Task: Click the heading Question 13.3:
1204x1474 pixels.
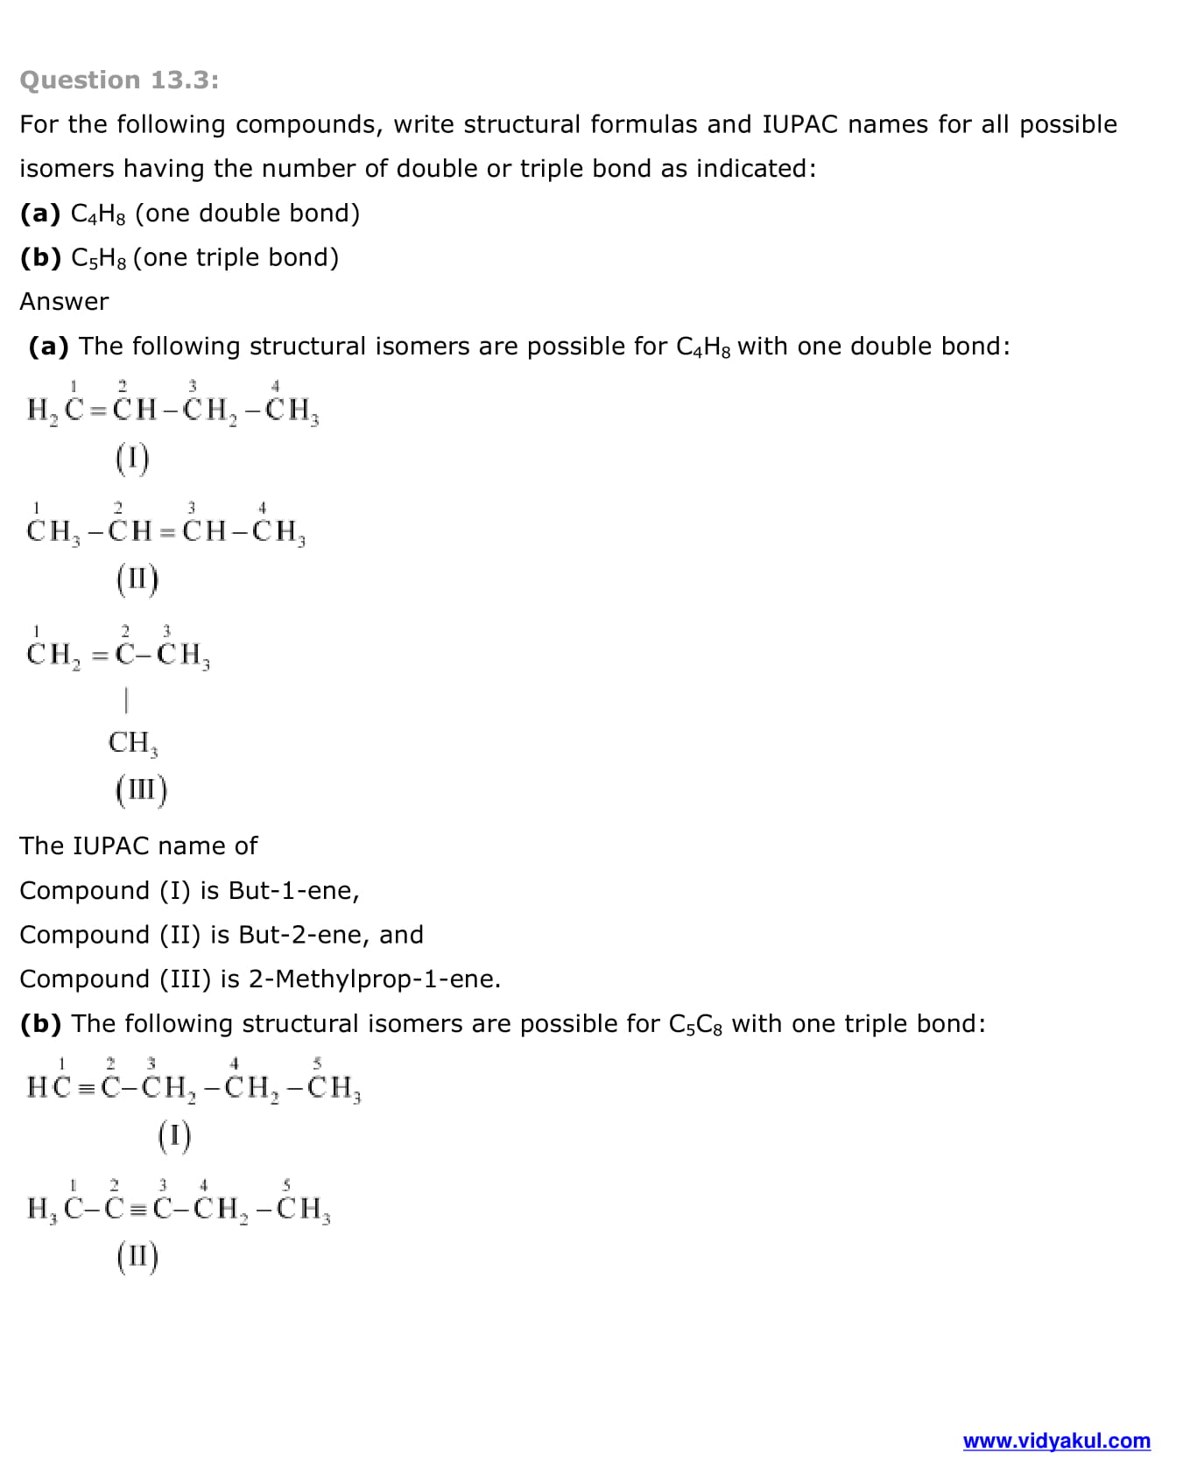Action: coord(119,80)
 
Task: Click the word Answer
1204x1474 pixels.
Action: coord(64,301)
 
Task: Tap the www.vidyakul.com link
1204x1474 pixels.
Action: coord(1056,1441)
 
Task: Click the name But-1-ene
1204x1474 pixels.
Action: coord(293,890)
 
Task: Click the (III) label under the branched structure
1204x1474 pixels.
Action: coord(140,790)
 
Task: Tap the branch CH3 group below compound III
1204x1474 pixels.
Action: coord(132,742)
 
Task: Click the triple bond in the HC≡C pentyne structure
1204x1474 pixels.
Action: coord(85,1088)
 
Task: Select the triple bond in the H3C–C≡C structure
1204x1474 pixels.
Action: coord(137,1210)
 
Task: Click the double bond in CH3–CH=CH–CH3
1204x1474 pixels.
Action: coord(167,531)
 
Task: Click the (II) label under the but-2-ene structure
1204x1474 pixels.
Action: coord(137,579)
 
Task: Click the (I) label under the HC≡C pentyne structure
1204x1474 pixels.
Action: coord(174,1136)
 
